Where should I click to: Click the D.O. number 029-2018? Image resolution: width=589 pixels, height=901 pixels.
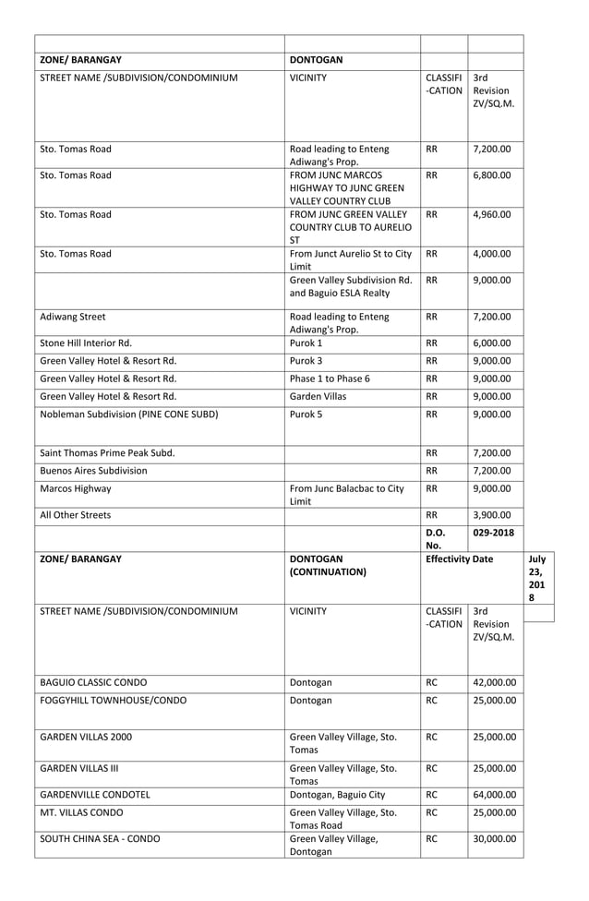[x=494, y=533]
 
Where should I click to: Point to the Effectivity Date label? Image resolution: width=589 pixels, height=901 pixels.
[x=459, y=559]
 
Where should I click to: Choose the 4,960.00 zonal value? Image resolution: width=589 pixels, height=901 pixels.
[x=492, y=215]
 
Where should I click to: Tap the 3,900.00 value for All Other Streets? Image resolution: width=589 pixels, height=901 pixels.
[x=492, y=515]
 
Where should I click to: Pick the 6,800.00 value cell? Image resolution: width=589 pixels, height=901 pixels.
[x=492, y=174]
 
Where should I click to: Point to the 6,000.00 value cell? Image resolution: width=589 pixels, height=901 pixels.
[x=492, y=342]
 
